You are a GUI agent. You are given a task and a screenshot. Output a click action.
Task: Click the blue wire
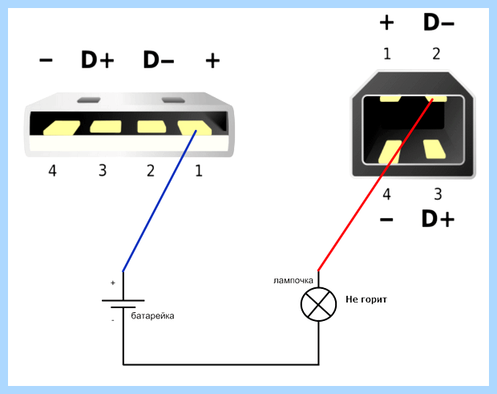160,201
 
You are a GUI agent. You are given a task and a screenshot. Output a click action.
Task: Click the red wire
375,185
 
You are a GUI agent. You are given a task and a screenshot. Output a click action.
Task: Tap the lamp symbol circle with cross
318,304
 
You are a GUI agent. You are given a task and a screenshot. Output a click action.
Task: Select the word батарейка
152,316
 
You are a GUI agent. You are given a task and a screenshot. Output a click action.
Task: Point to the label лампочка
293,280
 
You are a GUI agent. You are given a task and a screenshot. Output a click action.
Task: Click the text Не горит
366,299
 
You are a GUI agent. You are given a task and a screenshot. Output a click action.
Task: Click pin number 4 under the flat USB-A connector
52,171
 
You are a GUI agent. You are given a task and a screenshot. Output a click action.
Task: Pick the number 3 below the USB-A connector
103,171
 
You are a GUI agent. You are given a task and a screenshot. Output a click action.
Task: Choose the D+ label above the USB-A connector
97,59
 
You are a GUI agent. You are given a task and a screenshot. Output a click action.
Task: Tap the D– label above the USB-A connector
159,59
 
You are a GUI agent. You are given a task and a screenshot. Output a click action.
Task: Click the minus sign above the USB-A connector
46,59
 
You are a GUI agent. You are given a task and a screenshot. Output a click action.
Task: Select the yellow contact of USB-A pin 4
62,128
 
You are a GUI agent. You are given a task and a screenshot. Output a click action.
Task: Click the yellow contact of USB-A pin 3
106,127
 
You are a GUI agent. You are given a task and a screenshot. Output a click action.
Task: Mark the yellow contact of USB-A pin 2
152,127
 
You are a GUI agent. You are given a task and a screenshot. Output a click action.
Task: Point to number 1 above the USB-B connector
386,54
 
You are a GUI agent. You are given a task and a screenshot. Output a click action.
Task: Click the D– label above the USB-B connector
438,22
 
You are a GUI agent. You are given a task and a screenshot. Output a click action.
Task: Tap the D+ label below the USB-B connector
438,219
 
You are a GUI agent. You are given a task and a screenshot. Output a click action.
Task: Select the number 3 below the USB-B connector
438,194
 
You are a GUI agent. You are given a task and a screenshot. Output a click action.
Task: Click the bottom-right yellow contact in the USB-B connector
434,149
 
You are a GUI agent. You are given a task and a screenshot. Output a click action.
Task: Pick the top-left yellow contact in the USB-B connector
390,99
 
